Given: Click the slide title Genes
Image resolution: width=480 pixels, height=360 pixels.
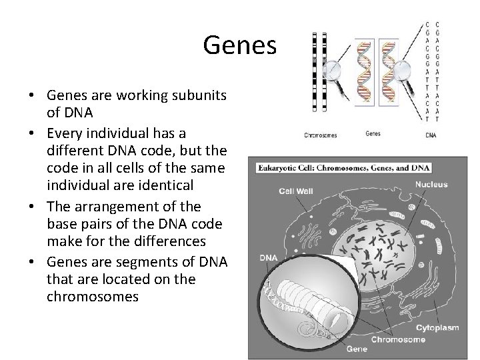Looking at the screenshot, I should pyautogui.click(x=239, y=45).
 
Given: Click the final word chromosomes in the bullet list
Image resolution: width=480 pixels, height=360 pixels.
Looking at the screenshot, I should pyautogui.click(x=93, y=296).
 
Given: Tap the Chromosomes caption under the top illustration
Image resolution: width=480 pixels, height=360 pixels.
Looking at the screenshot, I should pyautogui.click(x=321, y=135).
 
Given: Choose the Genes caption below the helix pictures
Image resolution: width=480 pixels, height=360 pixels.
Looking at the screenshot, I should pyautogui.click(x=373, y=133).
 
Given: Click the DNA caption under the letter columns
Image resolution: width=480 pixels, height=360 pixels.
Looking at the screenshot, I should pyautogui.click(x=431, y=135).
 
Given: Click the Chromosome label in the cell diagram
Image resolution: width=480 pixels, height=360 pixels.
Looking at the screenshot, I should pyautogui.click(x=398, y=339).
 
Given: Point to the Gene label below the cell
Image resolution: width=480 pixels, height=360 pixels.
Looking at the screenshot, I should pyautogui.click(x=357, y=349).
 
